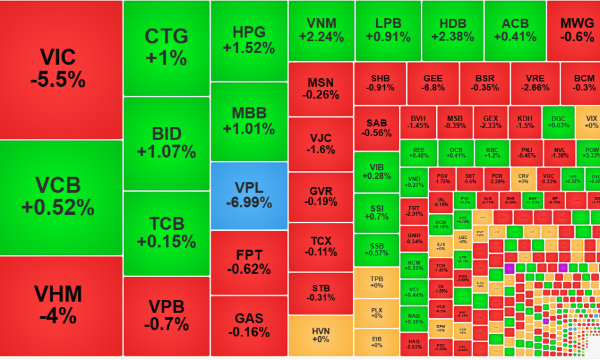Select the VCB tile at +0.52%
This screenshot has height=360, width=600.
point(61,197)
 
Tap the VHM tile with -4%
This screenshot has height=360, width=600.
point(61,306)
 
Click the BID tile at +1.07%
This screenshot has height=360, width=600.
point(166,143)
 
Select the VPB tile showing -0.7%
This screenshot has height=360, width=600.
point(166,316)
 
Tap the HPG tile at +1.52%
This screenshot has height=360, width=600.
point(249,40)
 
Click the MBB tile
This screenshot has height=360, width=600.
point(249,121)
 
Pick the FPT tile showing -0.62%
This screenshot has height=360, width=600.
point(249,262)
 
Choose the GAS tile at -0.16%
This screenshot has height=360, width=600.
point(249,325)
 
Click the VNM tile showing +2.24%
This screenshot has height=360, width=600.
point(321,30)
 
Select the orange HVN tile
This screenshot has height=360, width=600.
point(321,335)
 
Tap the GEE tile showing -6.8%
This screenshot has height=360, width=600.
point(433,83)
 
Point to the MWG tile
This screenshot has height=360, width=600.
point(573,30)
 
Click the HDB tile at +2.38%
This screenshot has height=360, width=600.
point(453,30)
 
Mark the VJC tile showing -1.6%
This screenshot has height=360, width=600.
point(321,144)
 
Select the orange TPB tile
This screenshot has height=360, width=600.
point(377,282)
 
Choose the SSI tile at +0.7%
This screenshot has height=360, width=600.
point(377,213)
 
